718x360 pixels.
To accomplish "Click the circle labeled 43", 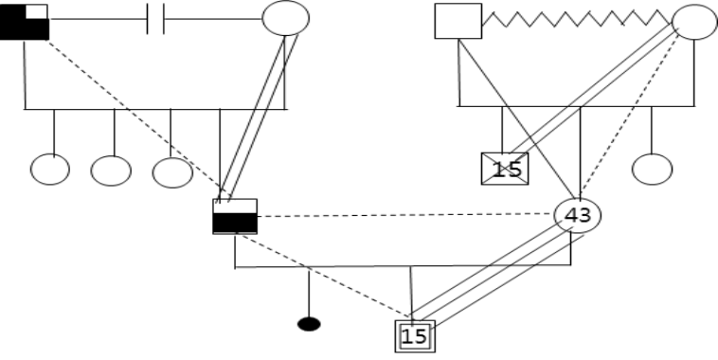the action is pyautogui.click(x=578, y=215).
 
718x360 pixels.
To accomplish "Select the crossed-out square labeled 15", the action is pyautogui.click(x=505, y=169).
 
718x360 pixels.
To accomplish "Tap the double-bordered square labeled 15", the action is pyautogui.click(x=415, y=336).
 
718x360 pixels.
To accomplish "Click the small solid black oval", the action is pyautogui.click(x=309, y=324).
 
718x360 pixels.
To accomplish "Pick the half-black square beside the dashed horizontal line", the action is pyautogui.click(x=235, y=217).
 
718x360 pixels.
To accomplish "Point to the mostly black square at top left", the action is pyautogui.click(x=25, y=22).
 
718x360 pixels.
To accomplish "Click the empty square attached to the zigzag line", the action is pyautogui.click(x=458, y=21).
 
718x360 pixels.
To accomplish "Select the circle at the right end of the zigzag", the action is pyautogui.click(x=694, y=22).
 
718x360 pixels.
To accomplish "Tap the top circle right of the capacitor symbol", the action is pyautogui.click(x=286, y=18).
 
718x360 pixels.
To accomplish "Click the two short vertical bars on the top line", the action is pyautogui.click(x=155, y=19).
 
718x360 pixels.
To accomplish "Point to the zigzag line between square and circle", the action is pyautogui.click(x=577, y=19).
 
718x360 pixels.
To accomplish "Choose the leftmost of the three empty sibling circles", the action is pyautogui.click(x=50, y=170).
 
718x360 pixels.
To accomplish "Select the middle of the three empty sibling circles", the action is pyautogui.click(x=111, y=171).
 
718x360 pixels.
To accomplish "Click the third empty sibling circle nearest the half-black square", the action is pyautogui.click(x=172, y=172).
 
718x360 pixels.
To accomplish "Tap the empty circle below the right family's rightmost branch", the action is pyautogui.click(x=652, y=170).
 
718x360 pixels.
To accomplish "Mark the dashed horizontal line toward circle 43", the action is pyautogui.click(x=405, y=215).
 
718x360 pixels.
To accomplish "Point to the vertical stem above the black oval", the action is pyautogui.click(x=309, y=293).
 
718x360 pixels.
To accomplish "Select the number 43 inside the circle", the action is pyautogui.click(x=578, y=215).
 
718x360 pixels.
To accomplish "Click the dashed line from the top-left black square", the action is pyautogui.click(x=138, y=119).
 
